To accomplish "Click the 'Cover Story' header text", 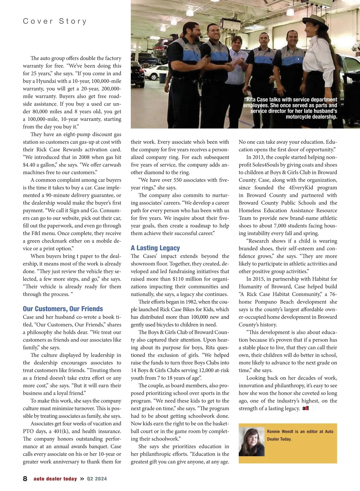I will pyautogui.click(x=55, y=21).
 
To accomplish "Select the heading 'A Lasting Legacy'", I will pyautogui.click(x=155, y=248).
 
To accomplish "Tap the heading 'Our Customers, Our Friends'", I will pyautogui.click(x=63, y=309).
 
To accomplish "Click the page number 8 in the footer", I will pyautogui.click(x=25, y=479).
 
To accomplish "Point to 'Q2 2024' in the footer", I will pyautogui.click(x=97, y=479).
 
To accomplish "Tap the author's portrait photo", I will pyautogui.click(x=252, y=442).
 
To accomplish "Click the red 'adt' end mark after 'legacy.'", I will pyautogui.click(x=306, y=408).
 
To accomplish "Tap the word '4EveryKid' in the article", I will pyautogui.click(x=301, y=188).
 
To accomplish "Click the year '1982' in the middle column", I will pyautogui.click(x=191, y=302).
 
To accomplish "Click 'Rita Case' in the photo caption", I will pyautogui.click(x=257, y=100).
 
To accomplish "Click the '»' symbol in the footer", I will pyautogui.click(x=82, y=479).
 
